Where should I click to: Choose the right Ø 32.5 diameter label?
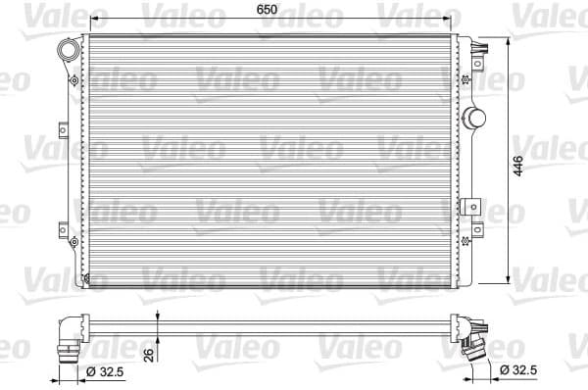518,370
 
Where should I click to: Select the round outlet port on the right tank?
478,118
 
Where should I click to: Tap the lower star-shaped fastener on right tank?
477,230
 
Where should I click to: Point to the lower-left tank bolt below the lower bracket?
73,239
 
